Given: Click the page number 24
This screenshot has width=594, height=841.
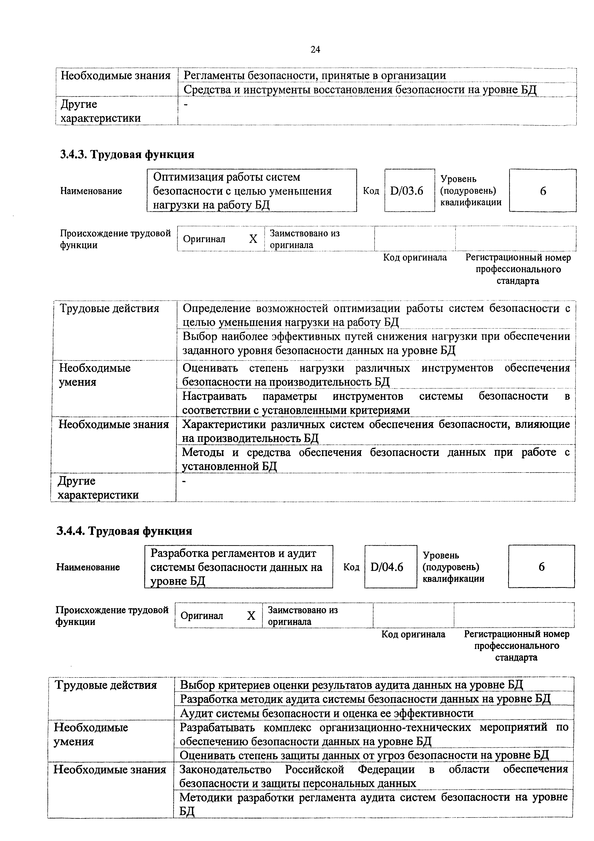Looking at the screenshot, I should pos(315,49).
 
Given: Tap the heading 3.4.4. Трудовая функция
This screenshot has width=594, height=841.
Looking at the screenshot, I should pos(124,531).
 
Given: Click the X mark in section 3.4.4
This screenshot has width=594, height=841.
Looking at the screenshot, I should pos(251,616).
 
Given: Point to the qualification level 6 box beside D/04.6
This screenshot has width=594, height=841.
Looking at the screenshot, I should pos(541,567).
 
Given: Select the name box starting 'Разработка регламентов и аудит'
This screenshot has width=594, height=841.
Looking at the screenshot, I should pos(238,567).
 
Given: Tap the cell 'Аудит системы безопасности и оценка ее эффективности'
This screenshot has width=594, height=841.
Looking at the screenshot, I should pos(326,713).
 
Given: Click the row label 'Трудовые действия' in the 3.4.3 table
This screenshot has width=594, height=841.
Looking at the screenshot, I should pos(109,308).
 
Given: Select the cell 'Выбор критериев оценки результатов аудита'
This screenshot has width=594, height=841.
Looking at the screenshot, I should pos(351,685).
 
